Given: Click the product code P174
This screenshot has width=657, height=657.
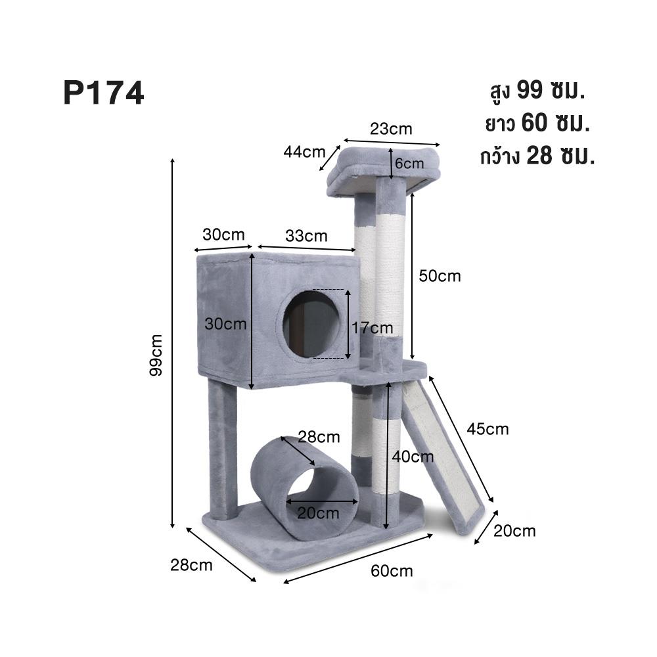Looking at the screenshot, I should pyautogui.click(x=103, y=93).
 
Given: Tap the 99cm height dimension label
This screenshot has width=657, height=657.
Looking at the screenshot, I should pyautogui.click(x=157, y=354).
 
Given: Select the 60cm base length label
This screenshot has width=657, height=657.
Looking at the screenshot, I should pyautogui.click(x=392, y=571).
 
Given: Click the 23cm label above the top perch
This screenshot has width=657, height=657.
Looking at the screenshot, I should pyautogui.click(x=391, y=129).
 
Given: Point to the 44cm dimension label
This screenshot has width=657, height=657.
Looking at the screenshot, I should pyautogui.click(x=304, y=152).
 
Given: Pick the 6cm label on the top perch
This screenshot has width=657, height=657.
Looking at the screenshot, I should pyautogui.click(x=409, y=162).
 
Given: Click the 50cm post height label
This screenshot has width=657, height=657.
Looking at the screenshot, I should pyautogui.click(x=440, y=276).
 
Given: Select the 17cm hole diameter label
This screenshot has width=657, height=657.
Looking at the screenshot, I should pyautogui.click(x=372, y=327).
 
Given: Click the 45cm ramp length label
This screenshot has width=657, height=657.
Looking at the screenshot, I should pyautogui.click(x=487, y=429).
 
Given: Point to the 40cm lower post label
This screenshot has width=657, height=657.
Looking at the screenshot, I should pyautogui.click(x=413, y=456).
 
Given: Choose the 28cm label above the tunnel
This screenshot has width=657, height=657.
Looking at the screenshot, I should pyautogui.click(x=319, y=436).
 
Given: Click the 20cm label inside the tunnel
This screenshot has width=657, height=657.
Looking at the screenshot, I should pyautogui.click(x=318, y=512).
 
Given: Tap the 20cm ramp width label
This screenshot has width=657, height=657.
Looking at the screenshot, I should pyautogui.click(x=514, y=531).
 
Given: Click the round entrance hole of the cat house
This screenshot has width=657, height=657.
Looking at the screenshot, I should pyautogui.click(x=311, y=324).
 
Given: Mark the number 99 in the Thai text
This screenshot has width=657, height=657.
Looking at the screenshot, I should pyautogui.click(x=530, y=90).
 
